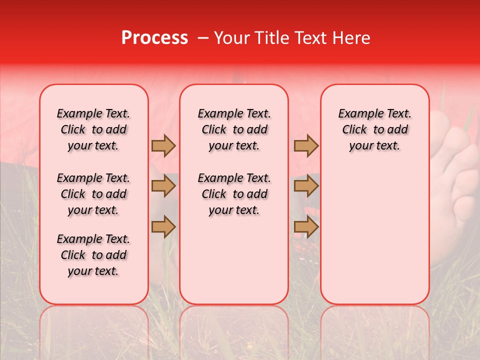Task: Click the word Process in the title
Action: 154,38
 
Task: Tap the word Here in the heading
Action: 351,38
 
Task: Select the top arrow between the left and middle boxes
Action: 163,145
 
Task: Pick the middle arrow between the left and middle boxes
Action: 163,186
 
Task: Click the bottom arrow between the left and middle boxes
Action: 163,226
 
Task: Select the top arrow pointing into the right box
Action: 306,145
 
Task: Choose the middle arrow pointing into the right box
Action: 306,186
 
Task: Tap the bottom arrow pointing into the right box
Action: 306,226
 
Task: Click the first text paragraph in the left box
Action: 93,129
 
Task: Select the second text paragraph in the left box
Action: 93,194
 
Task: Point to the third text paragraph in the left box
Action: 93,255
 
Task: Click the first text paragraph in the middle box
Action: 234,129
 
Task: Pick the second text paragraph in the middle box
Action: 234,194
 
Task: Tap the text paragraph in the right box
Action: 375,129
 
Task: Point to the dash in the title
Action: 203,38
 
